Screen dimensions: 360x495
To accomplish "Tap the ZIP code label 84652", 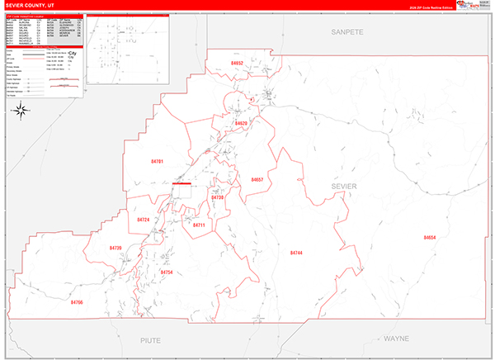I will [238, 63].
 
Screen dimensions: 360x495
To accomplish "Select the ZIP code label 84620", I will [241, 123].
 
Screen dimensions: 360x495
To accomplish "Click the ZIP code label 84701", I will [158, 161].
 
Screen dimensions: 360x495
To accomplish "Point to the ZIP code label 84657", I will [257, 179].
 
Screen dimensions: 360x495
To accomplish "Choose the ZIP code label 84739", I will [217, 198].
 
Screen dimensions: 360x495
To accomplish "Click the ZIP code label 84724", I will [144, 220].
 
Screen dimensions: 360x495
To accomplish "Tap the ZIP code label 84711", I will [198, 225].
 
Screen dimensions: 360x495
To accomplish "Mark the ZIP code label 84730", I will [115, 248].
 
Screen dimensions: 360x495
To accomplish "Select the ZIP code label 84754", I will [167, 272].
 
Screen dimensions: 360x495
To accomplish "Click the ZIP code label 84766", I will [78, 303].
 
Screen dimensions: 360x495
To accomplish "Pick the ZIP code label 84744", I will [297, 252].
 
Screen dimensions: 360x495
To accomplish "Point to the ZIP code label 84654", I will [430, 238].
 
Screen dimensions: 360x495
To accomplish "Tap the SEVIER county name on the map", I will [343, 187].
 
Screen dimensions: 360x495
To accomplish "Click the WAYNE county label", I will [396, 339].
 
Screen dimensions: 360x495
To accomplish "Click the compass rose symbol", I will [23, 111].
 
